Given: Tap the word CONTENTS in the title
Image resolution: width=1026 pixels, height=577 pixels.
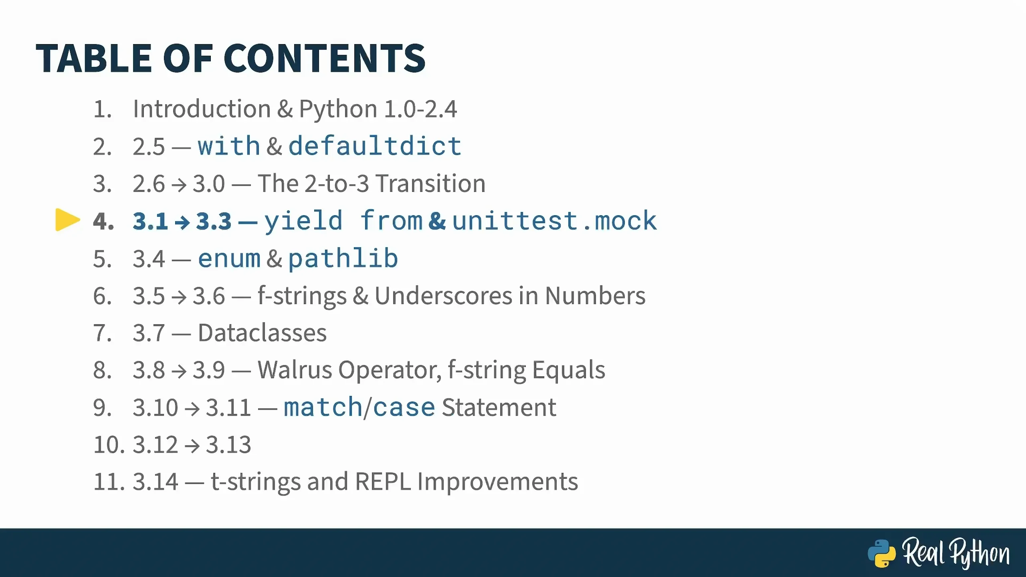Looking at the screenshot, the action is point(324,59).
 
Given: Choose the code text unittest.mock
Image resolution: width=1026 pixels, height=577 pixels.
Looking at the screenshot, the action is point(555,220).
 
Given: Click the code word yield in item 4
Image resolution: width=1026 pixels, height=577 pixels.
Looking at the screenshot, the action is point(303,221).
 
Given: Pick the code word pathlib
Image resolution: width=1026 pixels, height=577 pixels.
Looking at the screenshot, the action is point(343,258).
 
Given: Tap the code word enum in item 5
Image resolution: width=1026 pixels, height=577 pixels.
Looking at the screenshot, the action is point(229,258).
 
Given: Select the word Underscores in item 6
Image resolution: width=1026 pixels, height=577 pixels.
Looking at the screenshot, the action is point(443,296).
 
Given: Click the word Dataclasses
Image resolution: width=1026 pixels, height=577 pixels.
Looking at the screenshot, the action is point(263,333).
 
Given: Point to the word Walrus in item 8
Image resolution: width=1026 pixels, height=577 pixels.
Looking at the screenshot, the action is point(295,370).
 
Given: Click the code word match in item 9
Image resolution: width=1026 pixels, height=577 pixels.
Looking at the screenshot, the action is point(323,407).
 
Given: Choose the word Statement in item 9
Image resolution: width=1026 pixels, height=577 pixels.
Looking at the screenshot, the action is point(499,407).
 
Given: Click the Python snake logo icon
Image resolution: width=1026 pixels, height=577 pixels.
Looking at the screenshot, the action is point(882,553).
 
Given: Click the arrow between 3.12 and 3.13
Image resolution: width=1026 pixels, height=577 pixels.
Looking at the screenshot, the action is point(192,445).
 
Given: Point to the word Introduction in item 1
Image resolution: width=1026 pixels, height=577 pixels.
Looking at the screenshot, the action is point(202,109).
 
